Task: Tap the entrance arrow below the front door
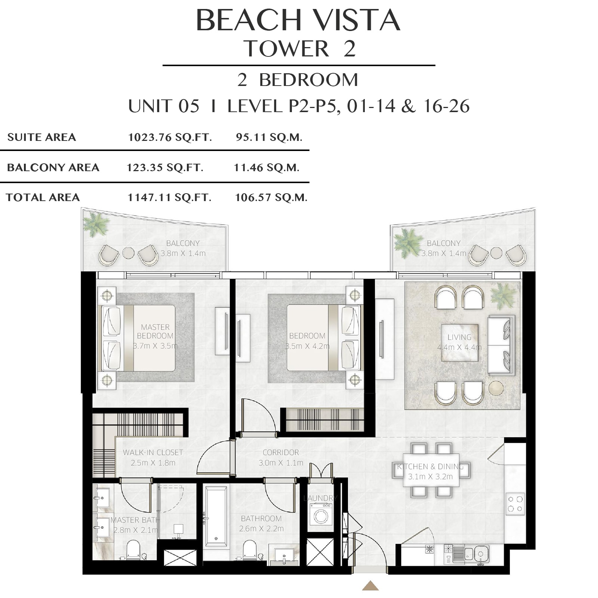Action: click(x=370, y=586)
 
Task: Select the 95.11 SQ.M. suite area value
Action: click(x=269, y=138)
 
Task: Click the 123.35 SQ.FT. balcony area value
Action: click(x=165, y=167)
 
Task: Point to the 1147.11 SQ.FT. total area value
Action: click(x=169, y=197)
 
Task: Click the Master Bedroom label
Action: click(x=155, y=332)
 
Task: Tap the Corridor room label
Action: click(x=281, y=453)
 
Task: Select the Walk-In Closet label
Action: click(x=153, y=453)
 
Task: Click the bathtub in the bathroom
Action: click(x=216, y=516)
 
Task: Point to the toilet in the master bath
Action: click(x=133, y=550)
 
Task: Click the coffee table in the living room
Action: click(x=460, y=343)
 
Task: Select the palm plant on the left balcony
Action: click(x=96, y=224)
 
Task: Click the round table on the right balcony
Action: click(x=496, y=253)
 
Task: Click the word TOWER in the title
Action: click(x=286, y=49)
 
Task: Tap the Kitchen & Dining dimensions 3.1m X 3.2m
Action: click(x=431, y=477)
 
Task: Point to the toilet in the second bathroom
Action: click(x=250, y=550)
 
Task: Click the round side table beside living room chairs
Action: click(x=496, y=388)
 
